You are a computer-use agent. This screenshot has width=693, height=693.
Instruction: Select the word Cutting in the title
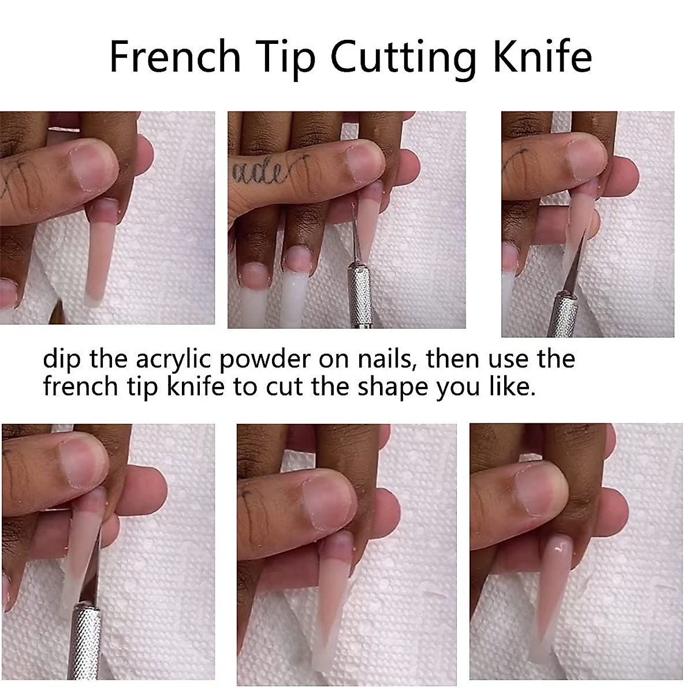[404, 58]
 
